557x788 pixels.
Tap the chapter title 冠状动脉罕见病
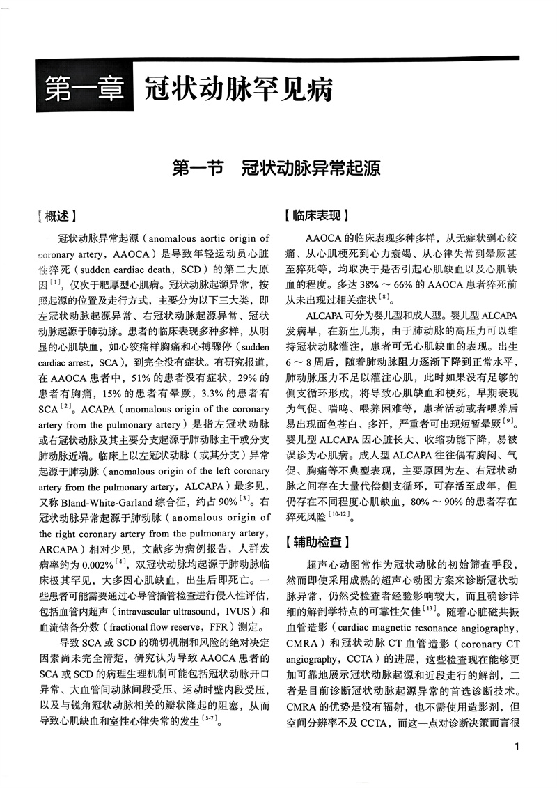tap(237, 91)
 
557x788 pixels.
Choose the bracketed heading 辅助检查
tap(317, 540)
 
